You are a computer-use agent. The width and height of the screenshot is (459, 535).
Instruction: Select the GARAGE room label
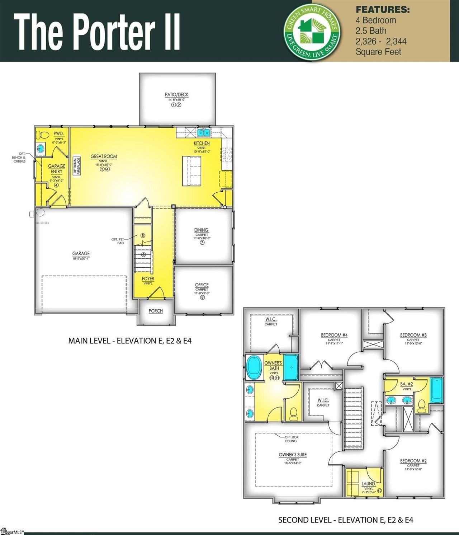point(81,253)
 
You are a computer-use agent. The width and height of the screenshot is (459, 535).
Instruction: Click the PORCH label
point(156,311)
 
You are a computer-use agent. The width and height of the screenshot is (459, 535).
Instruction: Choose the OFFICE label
point(202,285)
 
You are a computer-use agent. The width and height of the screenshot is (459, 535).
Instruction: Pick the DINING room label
point(201,230)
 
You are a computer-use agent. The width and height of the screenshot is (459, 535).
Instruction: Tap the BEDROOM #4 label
point(334,335)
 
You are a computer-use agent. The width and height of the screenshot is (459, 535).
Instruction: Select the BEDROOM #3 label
point(413,335)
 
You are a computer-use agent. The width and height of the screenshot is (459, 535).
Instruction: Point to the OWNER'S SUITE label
point(293,455)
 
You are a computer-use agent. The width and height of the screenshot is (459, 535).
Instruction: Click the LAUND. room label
point(368,484)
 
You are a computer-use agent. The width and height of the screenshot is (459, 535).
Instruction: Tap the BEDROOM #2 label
point(413,461)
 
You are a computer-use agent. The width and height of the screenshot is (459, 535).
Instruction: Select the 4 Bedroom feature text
point(376,20)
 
